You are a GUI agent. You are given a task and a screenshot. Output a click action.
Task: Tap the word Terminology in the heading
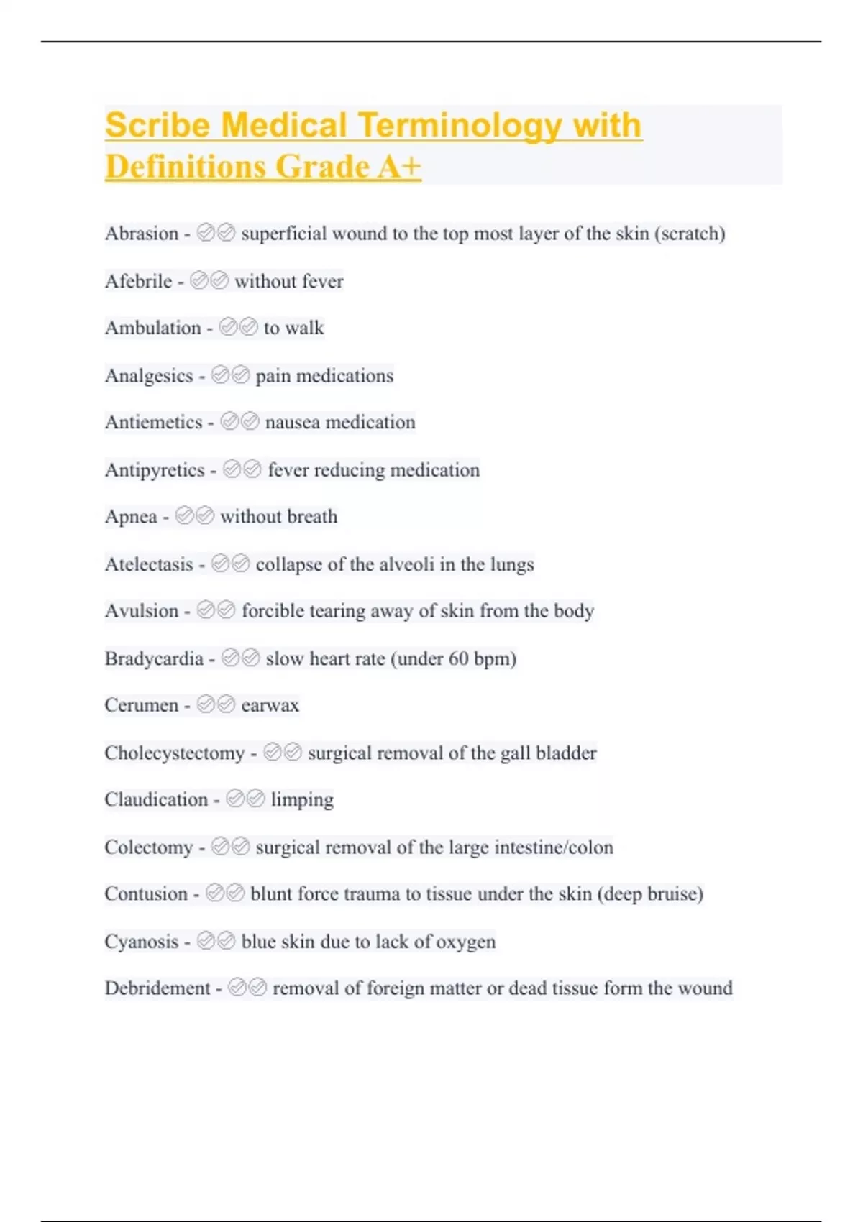(x=460, y=127)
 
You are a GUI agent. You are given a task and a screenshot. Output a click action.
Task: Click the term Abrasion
(x=142, y=234)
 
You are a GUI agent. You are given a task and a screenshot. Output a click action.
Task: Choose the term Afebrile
(x=139, y=281)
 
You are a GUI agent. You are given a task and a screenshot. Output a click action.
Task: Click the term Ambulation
(x=153, y=328)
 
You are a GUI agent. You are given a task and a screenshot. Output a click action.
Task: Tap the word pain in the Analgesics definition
(x=273, y=375)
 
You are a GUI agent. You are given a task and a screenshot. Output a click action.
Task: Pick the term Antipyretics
(x=155, y=470)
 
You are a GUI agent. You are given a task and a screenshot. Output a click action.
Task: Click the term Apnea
(x=131, y=517)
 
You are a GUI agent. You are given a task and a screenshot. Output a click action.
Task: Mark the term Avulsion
(x=142, y=611)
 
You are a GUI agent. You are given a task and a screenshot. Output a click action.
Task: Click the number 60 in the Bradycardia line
(x=458, y=658)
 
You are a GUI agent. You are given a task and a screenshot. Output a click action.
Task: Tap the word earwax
(x=270, y=705)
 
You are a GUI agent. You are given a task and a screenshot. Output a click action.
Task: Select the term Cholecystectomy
(x=175, y=753)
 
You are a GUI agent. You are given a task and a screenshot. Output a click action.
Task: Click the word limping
(x=302, y=799)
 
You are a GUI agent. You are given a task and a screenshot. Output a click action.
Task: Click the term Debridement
(x=157, y=988)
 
